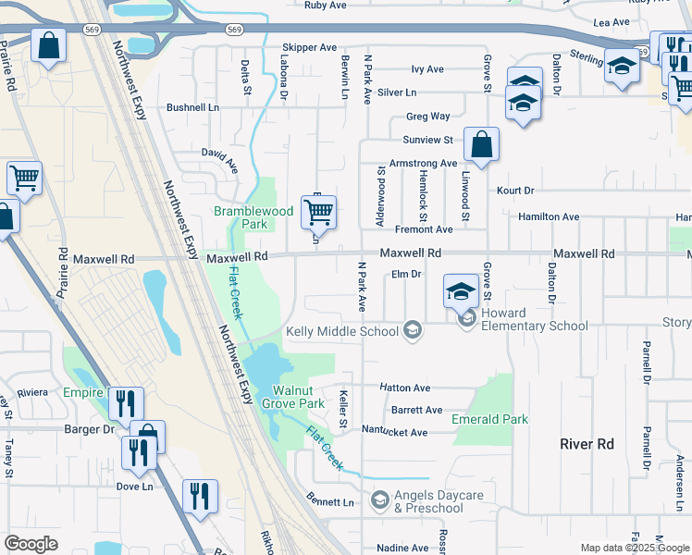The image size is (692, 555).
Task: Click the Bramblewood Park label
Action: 253,217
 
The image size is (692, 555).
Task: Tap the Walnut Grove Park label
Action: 291,396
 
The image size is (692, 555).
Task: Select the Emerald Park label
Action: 489,419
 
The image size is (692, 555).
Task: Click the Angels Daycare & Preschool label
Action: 439,501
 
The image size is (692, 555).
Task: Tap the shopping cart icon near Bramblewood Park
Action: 318,212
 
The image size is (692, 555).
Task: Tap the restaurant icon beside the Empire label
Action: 126,403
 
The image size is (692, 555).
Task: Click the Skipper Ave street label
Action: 309,47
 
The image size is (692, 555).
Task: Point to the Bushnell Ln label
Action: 192,107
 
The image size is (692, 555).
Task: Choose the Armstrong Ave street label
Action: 424,163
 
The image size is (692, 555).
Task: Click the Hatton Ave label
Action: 404,388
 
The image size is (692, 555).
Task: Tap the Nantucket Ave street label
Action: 394,432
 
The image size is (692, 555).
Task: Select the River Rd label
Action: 587,444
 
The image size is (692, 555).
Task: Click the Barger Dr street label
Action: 89,429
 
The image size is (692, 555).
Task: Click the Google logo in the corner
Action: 31,544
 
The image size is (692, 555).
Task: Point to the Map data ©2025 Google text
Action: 634,548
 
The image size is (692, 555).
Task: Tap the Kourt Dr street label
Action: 515,191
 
